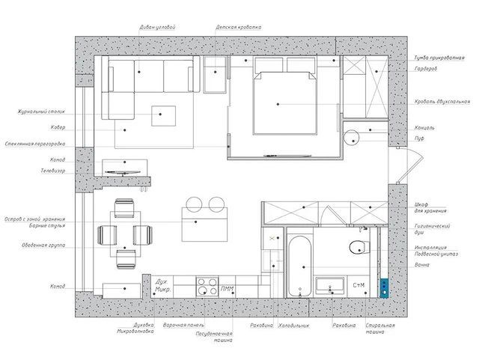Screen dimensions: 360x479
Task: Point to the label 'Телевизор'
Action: tap(53, 171)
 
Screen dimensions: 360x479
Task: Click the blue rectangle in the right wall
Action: tap(384, 284)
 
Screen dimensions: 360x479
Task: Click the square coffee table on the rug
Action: tap(165, 116)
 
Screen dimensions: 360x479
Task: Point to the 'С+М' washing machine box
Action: tap(359, 285)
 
